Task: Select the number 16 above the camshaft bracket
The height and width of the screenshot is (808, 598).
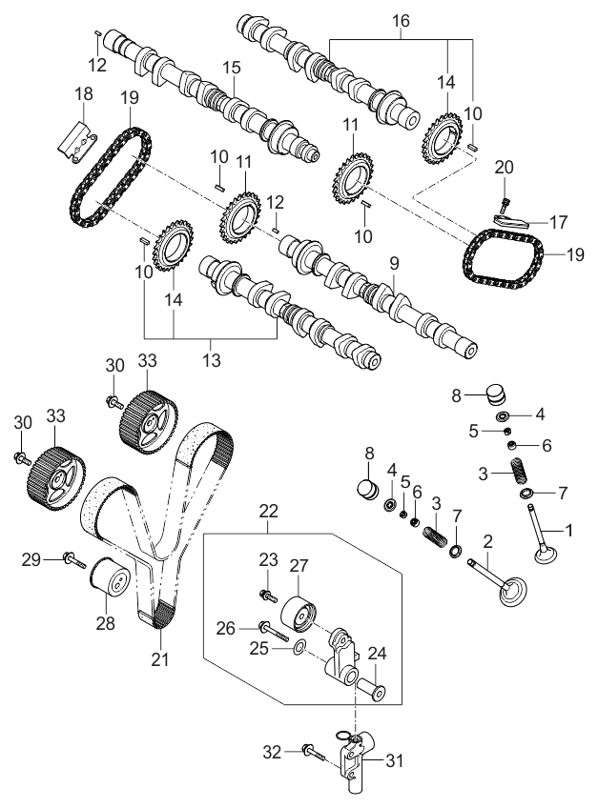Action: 400,19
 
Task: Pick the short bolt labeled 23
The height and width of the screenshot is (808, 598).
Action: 266,596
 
